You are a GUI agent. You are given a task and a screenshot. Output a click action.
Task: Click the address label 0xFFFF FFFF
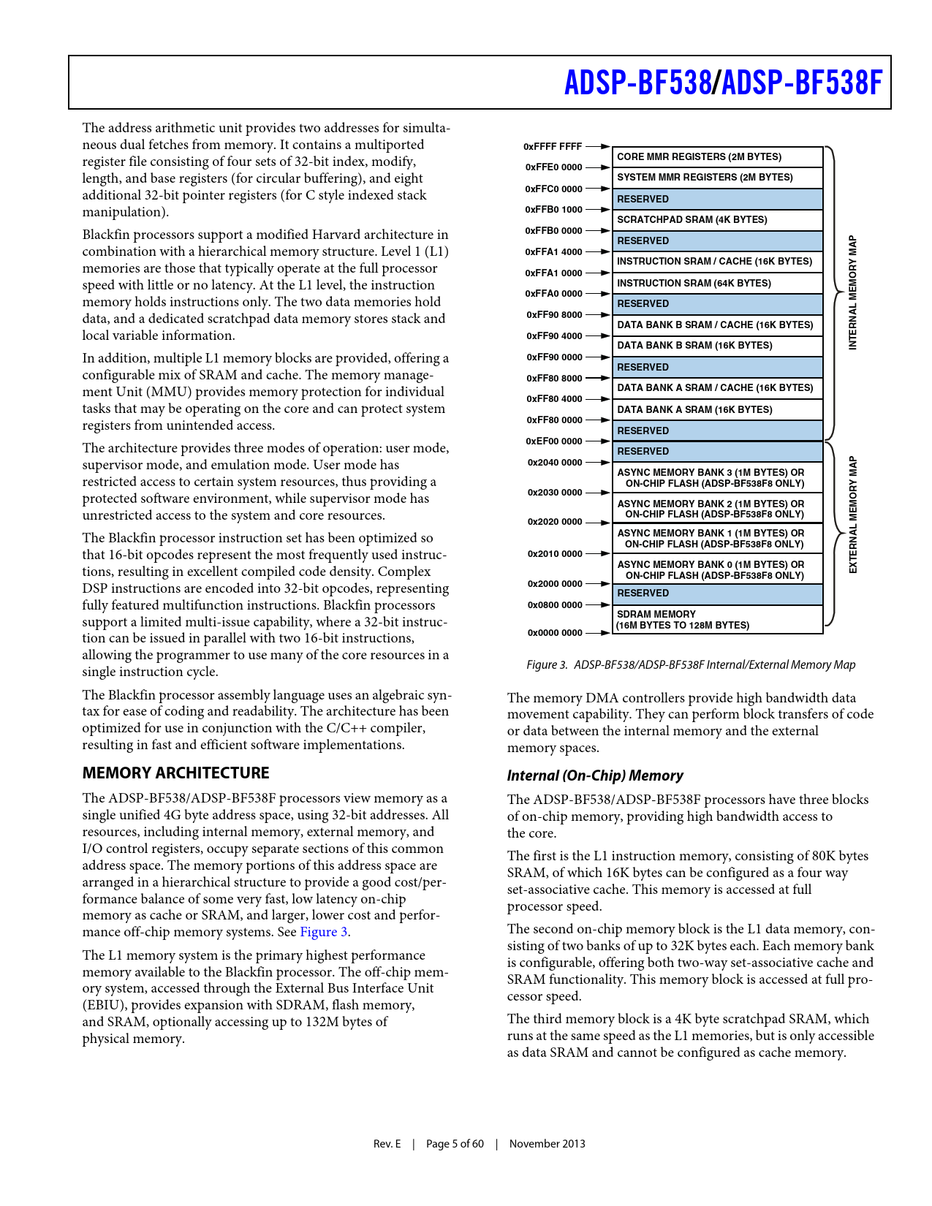pos(553,147)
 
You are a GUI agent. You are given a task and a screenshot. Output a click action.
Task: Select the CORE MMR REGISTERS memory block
pos(717,157)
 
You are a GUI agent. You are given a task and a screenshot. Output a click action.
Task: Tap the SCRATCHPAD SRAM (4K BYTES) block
pos(717,220)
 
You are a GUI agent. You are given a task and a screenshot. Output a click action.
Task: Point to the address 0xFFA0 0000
pos(553,294)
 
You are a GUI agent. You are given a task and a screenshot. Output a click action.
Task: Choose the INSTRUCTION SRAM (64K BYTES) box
pos(717,284)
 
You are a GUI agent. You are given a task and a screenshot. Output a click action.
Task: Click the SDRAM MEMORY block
pos(717,620)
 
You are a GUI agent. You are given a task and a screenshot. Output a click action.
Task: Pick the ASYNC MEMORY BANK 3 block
pos(717,478)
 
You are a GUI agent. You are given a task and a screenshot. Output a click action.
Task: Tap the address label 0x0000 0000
pos(555,633)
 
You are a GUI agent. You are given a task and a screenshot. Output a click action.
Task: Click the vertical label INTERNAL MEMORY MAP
pos(852,292)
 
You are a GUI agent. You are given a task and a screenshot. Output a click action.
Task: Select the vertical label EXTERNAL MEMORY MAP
pos(852,515)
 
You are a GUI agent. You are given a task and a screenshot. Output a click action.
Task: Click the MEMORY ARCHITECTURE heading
pos(175,773)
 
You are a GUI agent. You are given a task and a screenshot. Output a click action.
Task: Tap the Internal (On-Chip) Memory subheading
pos(595,776)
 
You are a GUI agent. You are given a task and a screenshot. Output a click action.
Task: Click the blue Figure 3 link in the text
pos(323,932)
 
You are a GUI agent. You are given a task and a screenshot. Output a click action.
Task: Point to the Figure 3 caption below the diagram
pos(691,665)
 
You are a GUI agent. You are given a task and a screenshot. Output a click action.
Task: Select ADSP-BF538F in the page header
pos(802,83)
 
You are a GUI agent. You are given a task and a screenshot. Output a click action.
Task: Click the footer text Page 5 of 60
pos(455,1144)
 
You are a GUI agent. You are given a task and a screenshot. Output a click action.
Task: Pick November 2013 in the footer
pos(547,1144)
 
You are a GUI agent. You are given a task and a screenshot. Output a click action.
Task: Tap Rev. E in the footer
pos(387,1144)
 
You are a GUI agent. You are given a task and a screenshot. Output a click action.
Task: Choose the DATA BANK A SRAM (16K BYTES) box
pos(717,410)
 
